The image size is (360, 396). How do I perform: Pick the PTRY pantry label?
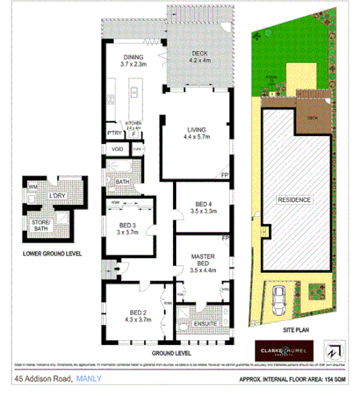(x=113, y=133)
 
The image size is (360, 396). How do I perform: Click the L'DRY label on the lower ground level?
(x=57, y=195)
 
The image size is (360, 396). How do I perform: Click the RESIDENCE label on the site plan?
(x=293, y=200)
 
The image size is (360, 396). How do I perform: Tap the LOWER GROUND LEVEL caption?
(x=52, y=254)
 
